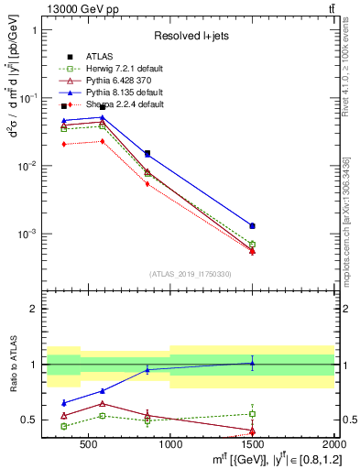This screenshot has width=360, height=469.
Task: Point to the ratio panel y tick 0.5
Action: (x=29, y=420)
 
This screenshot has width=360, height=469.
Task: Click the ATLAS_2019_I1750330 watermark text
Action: (x=191, y=274)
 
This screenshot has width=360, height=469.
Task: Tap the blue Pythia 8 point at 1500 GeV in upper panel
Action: (x=252, y=225)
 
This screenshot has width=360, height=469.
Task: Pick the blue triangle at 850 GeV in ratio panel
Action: (x=147, y=369)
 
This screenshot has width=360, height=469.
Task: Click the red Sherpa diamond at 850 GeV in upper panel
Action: (x=147, y=184)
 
